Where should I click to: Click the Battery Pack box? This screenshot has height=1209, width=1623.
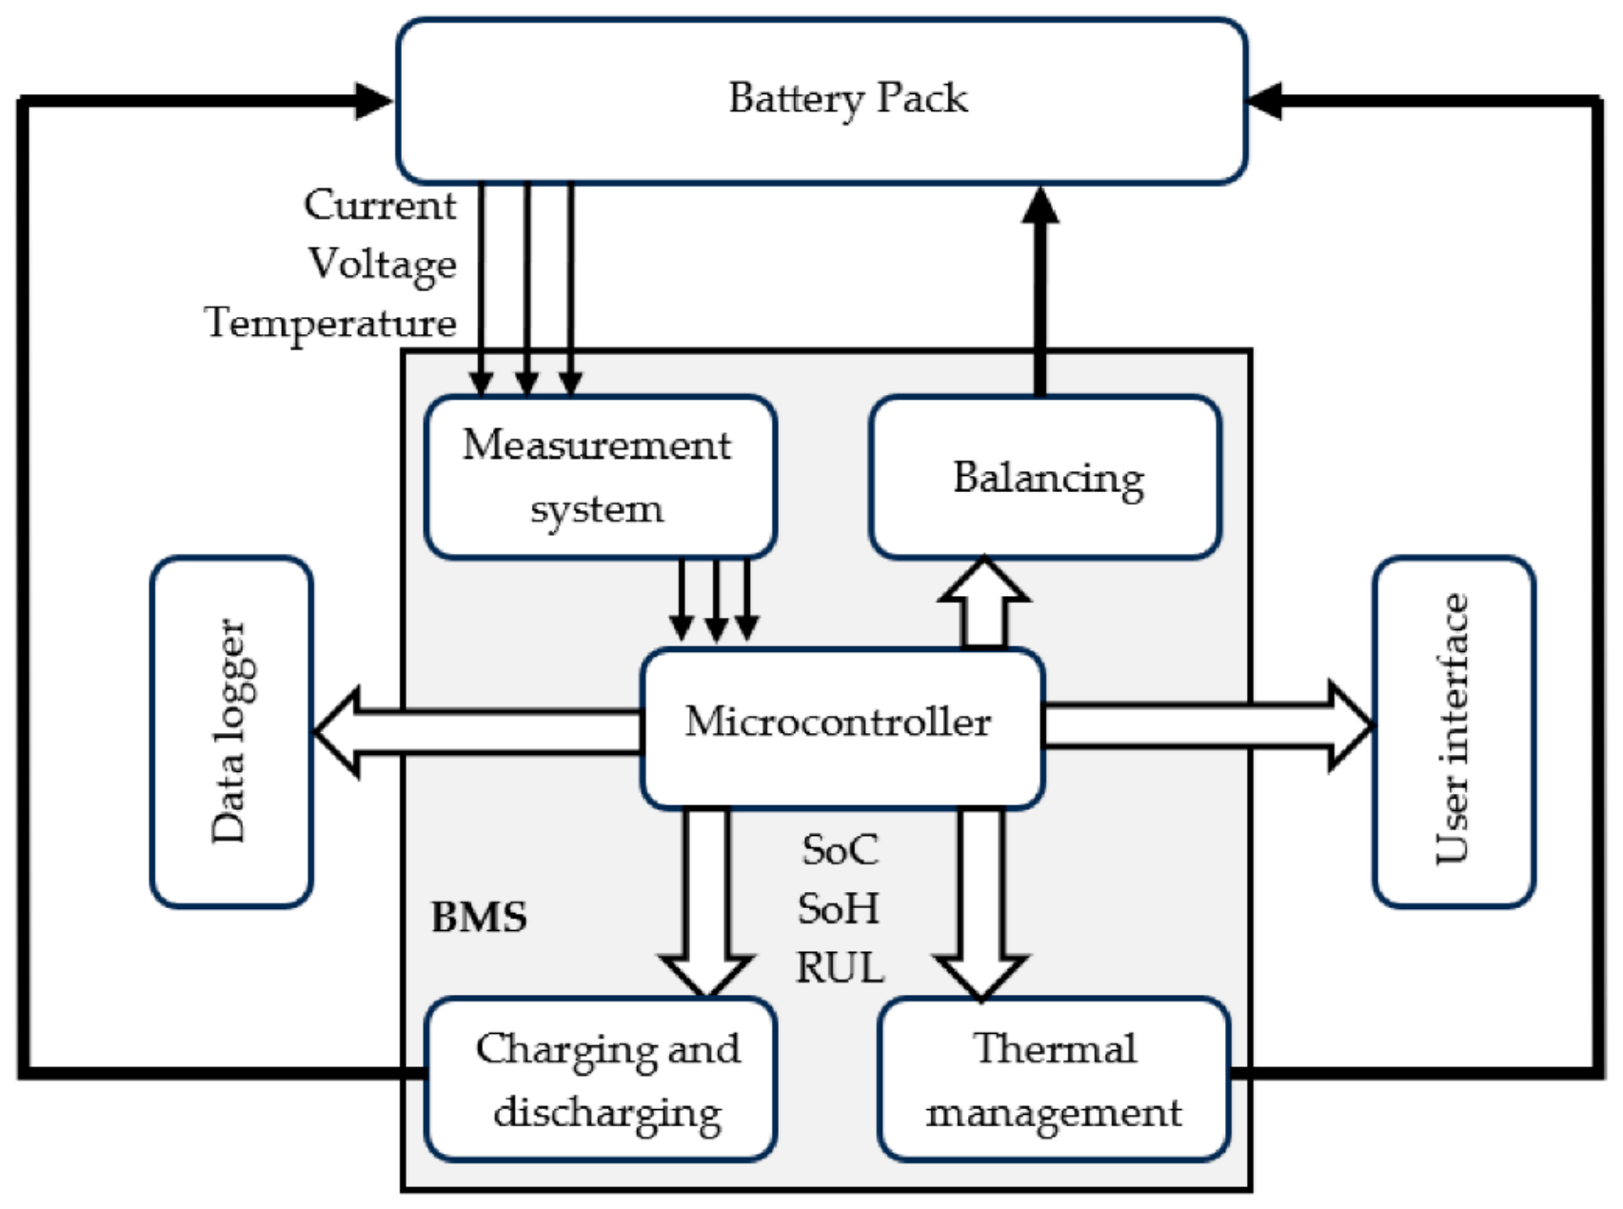coord(821,100)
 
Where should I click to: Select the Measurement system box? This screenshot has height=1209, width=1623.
coord(601,477)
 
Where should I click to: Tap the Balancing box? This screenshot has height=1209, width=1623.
coord(1045,477)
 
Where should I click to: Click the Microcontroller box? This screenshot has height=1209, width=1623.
coord(842,728)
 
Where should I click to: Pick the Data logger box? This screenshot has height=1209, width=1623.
coord(232,731)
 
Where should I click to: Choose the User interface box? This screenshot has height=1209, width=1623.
coord(1454,731)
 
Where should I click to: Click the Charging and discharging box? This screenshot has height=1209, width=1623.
coord(601,1079)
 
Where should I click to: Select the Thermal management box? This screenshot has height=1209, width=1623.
coord(1054,1079)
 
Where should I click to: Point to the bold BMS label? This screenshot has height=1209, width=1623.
coord(479,917)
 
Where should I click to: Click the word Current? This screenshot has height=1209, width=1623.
coord(380,205)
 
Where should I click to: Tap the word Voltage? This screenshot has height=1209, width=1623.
coord(383,264)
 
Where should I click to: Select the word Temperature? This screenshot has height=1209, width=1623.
coord(330,323)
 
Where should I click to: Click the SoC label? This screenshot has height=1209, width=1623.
coord(840,849)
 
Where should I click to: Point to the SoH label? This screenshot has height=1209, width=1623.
coord(839,908)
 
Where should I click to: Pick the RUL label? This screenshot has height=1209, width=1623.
coord(840,967)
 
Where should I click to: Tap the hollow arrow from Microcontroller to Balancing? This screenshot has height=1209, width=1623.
coord(984,604)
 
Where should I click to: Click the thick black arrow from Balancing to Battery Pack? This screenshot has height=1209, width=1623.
coord(1040,289)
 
